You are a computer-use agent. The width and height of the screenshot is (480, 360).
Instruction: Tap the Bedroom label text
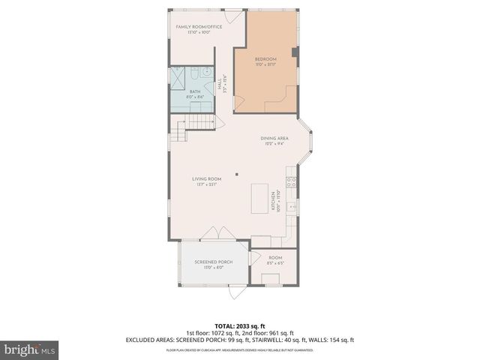click(265, 59)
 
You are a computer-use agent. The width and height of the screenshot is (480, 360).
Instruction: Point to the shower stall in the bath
click(178, 78)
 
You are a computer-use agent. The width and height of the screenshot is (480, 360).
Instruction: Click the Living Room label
click(206, 178)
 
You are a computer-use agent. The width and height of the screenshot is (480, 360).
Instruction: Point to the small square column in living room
click(237, 174)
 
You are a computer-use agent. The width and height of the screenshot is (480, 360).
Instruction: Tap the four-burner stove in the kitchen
click(291, 182)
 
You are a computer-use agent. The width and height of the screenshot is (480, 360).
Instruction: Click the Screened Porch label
click(213, 262)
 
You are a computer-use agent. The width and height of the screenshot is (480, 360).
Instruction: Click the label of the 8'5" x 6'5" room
click(274, 257)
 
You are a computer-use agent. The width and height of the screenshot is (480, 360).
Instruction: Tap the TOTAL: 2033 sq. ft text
click(239, 326)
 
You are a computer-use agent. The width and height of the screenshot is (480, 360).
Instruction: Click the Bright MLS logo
click(30, 349)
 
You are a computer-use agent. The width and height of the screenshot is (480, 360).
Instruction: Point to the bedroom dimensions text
click(265, 65)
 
